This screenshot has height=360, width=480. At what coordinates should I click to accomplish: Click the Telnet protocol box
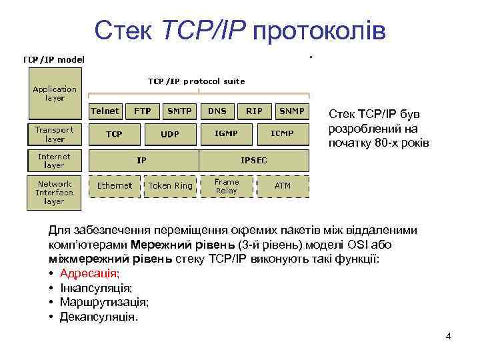[x=105, y=111]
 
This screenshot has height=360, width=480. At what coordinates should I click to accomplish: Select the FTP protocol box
[x=142, y=111]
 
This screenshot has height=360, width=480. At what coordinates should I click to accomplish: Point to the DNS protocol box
[x=217, y=111]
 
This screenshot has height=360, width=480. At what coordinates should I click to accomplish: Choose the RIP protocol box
[x=254, y=111]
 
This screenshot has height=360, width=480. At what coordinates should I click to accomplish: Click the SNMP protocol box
[x=292, y=111]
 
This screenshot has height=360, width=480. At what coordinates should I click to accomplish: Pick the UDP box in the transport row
[x=169, y=135]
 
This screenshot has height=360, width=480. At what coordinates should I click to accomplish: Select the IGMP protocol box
[x=226, y=134]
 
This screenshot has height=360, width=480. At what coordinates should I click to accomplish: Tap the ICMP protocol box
[x=281, y=134]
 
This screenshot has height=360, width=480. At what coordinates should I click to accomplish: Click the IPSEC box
[x=254, y=161]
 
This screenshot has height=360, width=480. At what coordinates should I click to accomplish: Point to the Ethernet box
[x=115, y=186]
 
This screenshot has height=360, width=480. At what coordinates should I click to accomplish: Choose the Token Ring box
[x=170, y=186]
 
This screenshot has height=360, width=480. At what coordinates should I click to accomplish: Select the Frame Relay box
[x=226, y=186]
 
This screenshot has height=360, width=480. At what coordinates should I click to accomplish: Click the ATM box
[x=283, y=186]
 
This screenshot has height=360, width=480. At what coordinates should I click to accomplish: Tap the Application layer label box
[x=55, y=94]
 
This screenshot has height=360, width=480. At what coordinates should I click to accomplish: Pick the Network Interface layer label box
[x=55, y=193]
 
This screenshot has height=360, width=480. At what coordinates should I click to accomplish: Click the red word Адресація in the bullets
[x=90, y=273]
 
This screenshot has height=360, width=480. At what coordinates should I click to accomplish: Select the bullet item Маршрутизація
[x=104, y=302]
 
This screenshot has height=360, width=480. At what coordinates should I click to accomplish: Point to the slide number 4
[x=448, y=335]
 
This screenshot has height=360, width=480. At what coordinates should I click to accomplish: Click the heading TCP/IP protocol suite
[x=196, y=81]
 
